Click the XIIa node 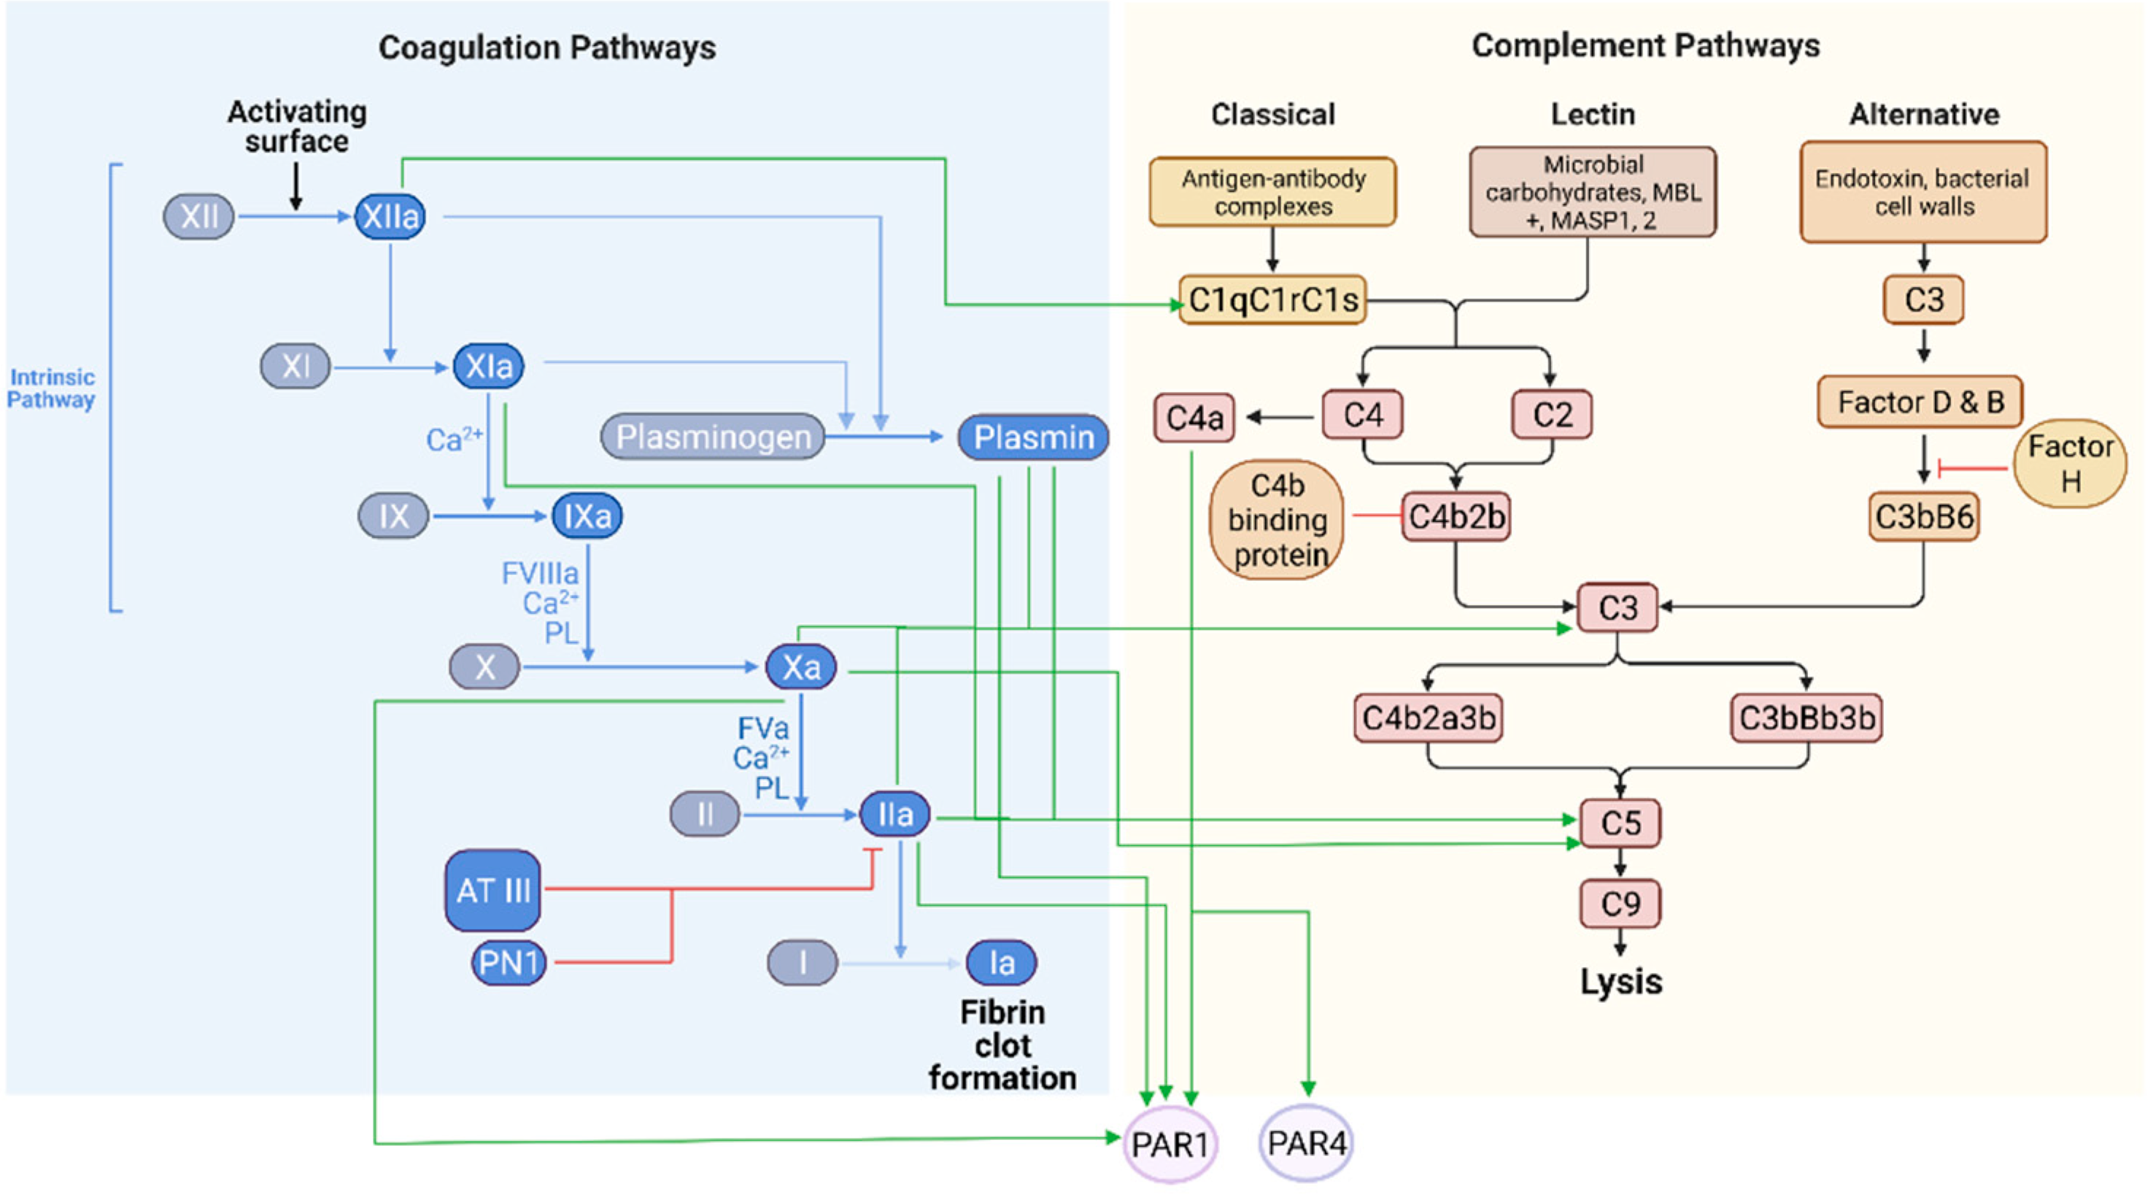coord(390,216)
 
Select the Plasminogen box coord(713,436)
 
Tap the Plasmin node coord(1033,436)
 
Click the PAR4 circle coord(1306,1143)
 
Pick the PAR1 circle coord(1170,1144)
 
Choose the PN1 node coord(509,963)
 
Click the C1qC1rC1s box coord(1272,299)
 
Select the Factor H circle coord(2070,463)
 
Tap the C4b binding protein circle coord(1278,520)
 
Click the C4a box coord(1194,417)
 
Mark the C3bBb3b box coord(1806,717)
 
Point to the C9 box coord(1619,904)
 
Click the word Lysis coord(1620,981)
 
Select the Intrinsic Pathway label coord(51,388)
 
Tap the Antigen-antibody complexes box coord(1272,192)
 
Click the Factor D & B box coord(1920,402)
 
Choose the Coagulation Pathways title coord(547,47)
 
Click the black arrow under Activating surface coord(295,185)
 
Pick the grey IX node coord(393,515)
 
